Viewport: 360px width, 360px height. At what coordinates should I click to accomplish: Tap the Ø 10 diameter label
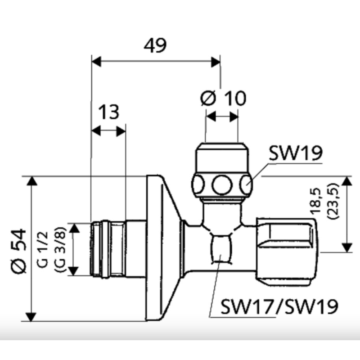point(224,99)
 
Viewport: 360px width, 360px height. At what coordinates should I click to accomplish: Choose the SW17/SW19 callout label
point(279,307)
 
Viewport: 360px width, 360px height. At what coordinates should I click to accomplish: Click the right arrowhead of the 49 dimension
point(216,61)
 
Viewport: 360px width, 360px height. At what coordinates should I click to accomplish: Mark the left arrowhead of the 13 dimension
point(95,131)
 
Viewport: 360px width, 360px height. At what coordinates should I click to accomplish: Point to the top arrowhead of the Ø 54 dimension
point(31,180)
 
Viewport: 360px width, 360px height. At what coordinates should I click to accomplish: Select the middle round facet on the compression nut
point(221,184)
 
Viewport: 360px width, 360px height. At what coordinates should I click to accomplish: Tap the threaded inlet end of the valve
point(106,248)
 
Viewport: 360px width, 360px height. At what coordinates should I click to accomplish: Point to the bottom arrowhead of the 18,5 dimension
point(346,248)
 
